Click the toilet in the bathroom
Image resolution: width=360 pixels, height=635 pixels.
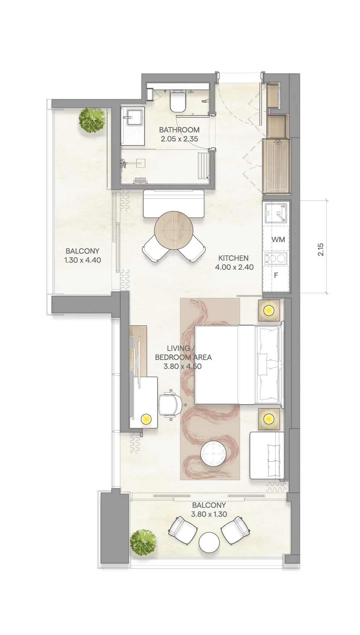coord(178,102)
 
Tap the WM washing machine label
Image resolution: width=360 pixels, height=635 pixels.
coord(278,239)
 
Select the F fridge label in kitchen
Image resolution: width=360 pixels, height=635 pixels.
coord(276,276)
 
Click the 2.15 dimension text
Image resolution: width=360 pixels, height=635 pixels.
coord(321,249)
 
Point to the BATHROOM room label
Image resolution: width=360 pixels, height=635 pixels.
coord(179,130)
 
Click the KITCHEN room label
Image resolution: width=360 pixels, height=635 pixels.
coord(234,258)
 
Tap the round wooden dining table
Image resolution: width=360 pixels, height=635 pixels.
coord(174,230)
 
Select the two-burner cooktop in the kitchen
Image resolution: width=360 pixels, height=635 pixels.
coord(276,258)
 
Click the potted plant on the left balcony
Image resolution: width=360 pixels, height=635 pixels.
coord(92,120)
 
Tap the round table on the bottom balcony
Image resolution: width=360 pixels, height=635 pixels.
coord(209,542)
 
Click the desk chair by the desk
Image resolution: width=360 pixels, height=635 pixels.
coord(170,405)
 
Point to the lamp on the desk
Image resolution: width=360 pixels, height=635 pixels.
coord(146,419)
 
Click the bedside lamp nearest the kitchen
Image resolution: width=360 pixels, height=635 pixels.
coord(269,310)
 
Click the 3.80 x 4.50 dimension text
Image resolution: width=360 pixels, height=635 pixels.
coord(183,366)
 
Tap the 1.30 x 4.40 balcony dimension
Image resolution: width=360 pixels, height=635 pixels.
coord(83,260)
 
